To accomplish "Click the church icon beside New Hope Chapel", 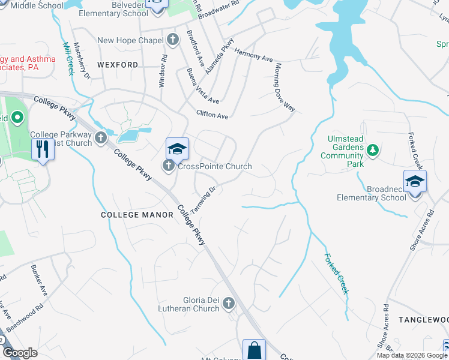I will click(x=173, y=40).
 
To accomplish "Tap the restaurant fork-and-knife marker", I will click(x=42, y=148).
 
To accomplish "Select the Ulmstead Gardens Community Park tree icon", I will click(x=373, y=149).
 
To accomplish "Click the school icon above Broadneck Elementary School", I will click(x=415, y=181).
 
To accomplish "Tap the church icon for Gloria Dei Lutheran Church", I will click(x=228, y=304).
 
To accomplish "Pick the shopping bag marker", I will click(x=254, y=350).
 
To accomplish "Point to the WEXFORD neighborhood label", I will click(x=118, y=64).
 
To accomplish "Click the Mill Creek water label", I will click(x=68, y=58).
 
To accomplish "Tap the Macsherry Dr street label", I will click(x=83, y=64).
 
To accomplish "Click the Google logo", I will click(x=20, y=353).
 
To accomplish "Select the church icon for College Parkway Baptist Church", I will click(x=100, y=139).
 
